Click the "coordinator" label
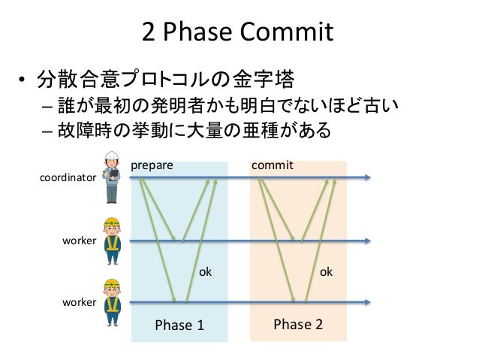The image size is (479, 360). (68, 179)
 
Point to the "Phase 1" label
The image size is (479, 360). (179, 325)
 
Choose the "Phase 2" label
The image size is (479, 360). (297, 324)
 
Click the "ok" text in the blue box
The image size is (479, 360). (205, 272)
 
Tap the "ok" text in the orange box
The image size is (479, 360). (327, 272)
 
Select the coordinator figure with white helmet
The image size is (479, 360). (112, 177)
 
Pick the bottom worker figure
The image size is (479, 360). (112, 301)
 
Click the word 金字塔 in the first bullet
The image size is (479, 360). (266, 78)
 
